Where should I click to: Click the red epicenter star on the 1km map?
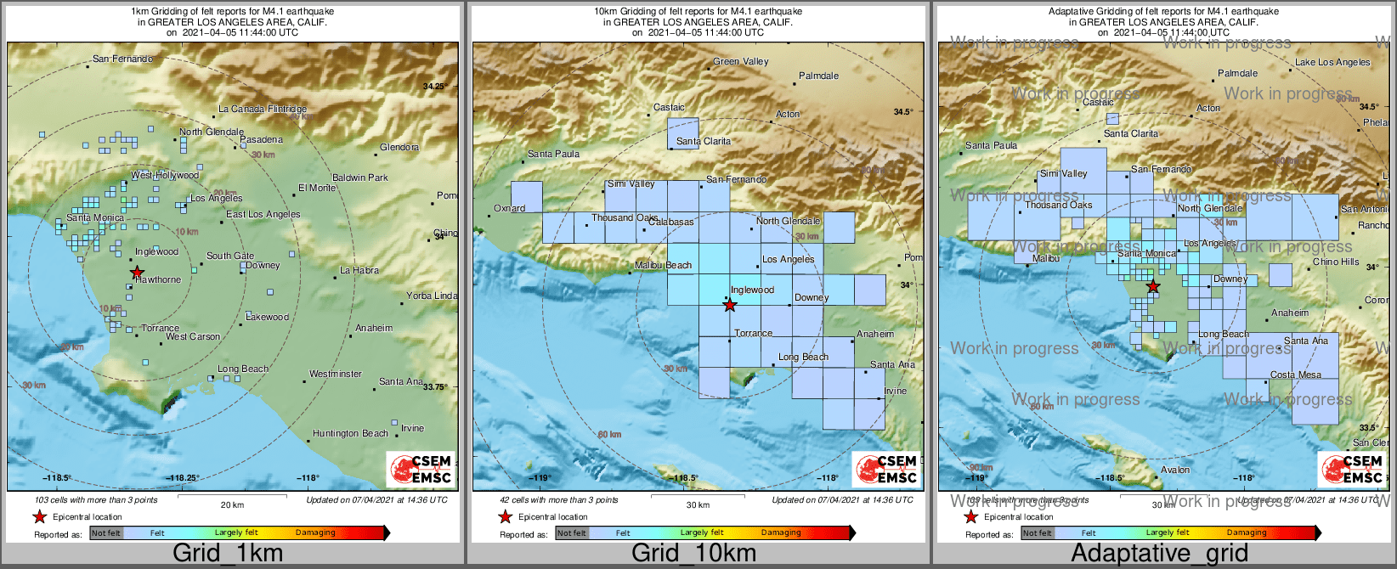point(138,272)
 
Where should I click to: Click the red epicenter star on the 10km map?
point(730,305)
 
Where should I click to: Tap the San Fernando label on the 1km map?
point(122,59)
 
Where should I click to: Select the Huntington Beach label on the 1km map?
point(350,433)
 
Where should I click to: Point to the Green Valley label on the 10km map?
point(740,61)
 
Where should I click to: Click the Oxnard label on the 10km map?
point(510,208)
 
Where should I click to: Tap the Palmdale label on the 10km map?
point(818,76)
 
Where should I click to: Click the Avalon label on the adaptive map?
point(1175,470)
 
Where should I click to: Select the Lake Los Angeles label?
point(1332,62)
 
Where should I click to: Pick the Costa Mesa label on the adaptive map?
point(1295,375)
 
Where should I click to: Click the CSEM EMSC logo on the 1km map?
point(421,470)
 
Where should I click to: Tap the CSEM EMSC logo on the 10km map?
point(886,470)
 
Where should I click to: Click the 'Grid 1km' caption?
point(227,553)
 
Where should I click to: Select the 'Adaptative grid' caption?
point(1159,553)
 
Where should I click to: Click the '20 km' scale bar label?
point(232,504)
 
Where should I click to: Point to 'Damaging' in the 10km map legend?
point(781,532)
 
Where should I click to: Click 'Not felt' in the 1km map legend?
point(106,533)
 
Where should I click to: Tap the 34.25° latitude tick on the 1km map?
point(433,87)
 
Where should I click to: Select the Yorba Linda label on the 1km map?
point(431,296)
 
